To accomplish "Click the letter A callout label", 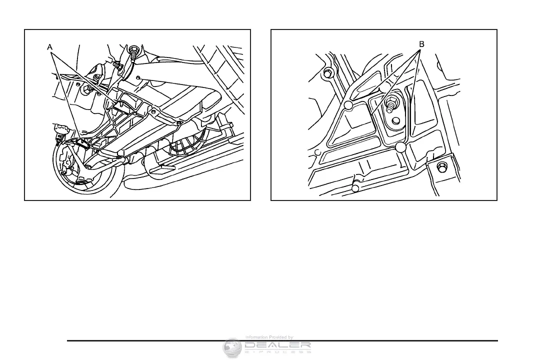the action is tap(49, 46).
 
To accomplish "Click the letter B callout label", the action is tap(421, 44).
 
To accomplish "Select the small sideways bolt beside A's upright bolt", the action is tap(117, 66).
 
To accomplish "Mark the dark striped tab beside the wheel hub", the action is tap(84, 144).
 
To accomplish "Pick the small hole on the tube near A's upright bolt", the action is tap(138, 77).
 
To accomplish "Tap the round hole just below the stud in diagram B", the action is tap(395, 120).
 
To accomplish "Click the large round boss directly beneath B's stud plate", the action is tap(399, 147).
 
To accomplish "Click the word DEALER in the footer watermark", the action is tap(278, 345).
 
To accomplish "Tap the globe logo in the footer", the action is tap(232, 347).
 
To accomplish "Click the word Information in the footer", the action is tap(256, 337).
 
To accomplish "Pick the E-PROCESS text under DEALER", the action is tap(278, 351).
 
